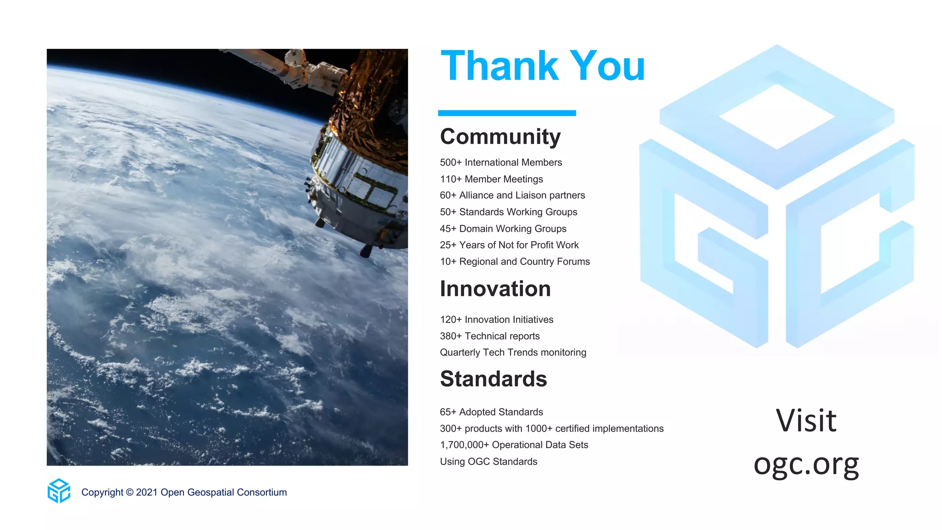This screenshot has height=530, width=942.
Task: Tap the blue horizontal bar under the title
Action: click(x=506, y=113)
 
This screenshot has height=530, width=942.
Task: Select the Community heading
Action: click(x=500, y=137)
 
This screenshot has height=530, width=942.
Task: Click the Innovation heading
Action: click(x=495, y=289)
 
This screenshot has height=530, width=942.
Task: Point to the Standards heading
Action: click(x=493, y=379)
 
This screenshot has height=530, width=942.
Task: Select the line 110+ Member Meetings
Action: click(x=491, y=179)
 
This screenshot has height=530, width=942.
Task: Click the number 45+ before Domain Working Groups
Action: click(x=448, y=229)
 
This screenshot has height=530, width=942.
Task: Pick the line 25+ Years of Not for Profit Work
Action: click(x=509, y=245)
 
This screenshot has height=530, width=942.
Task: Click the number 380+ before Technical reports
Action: click(x=450, y=336)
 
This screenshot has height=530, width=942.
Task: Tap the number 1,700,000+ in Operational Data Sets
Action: click(x=464, y=445)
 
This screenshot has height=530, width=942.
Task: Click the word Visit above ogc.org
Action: click(x=806, y=421)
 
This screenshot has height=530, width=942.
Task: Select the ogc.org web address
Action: click(x=806, y=464)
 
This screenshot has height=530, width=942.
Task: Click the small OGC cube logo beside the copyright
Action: click(x=59, y=491)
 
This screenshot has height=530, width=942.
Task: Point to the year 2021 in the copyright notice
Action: click(x=147, y=492)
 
